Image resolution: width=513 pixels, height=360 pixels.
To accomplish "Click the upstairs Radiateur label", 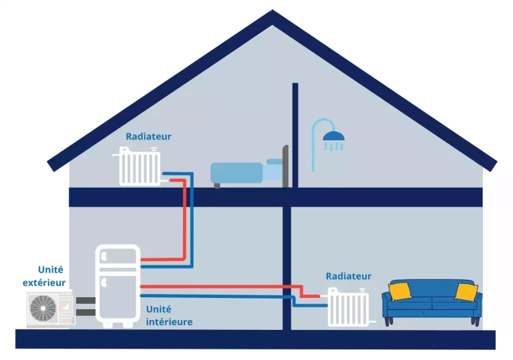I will pyautogui.click(x=148, y=136).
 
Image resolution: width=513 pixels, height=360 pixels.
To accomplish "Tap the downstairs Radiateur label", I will pyautogui.click(x=348, y=276).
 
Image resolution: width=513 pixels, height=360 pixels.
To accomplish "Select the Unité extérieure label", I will pyautogui.click(x=45, y=276).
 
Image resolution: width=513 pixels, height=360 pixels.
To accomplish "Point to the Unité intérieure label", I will pyautogui.click(x=168, y=315).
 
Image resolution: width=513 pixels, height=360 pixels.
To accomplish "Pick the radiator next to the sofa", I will pyautogui.click(x=348, y=307).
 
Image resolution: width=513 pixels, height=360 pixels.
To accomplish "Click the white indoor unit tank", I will pyautogui.click(x=118, y=284).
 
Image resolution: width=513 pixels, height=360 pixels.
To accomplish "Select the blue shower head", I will pyautogui.click(x=334, y=136).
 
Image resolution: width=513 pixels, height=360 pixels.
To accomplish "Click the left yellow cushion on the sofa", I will pyautogui.click(x=399, y=291).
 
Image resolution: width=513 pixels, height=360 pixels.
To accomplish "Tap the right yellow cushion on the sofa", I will pyautogui.click(x=466, y=292).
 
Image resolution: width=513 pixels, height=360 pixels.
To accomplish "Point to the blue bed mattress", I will pyautogui.click(x=237, y=173).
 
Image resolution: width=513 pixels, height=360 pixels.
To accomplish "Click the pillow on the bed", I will pyautogui.click(x=274, y=162).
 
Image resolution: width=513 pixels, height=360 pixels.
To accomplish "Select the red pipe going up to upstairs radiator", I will pyautogui.click(x=184, y=220).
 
